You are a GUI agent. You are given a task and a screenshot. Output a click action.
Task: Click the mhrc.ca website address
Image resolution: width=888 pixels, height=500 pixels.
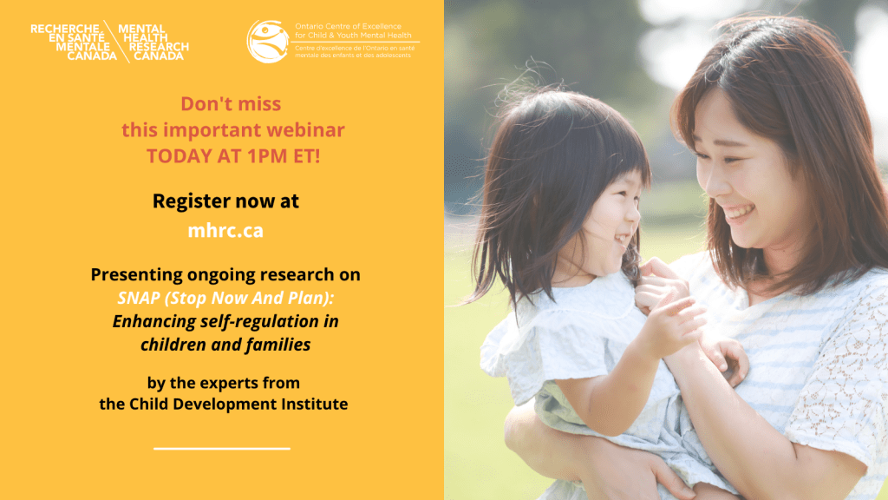(x=225, y=231)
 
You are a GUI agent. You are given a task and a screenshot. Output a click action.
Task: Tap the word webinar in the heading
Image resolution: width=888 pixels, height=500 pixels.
(x=305, y=130)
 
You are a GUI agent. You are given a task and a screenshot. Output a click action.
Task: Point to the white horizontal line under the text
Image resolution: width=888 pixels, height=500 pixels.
(x=221, y=449)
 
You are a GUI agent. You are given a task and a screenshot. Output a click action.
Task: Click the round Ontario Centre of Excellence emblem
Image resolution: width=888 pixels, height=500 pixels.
(x=268, y=42)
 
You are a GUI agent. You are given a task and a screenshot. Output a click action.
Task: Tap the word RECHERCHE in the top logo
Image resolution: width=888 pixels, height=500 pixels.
(x=65, y=29)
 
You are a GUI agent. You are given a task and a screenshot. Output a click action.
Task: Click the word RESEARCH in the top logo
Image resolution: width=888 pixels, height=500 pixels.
(x=159, y=47)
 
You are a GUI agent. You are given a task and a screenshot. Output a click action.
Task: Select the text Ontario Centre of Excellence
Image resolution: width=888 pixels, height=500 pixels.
(x=348, y=27)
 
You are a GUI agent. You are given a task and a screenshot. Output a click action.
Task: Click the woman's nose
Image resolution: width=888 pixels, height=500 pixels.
(x=711, y=181)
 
